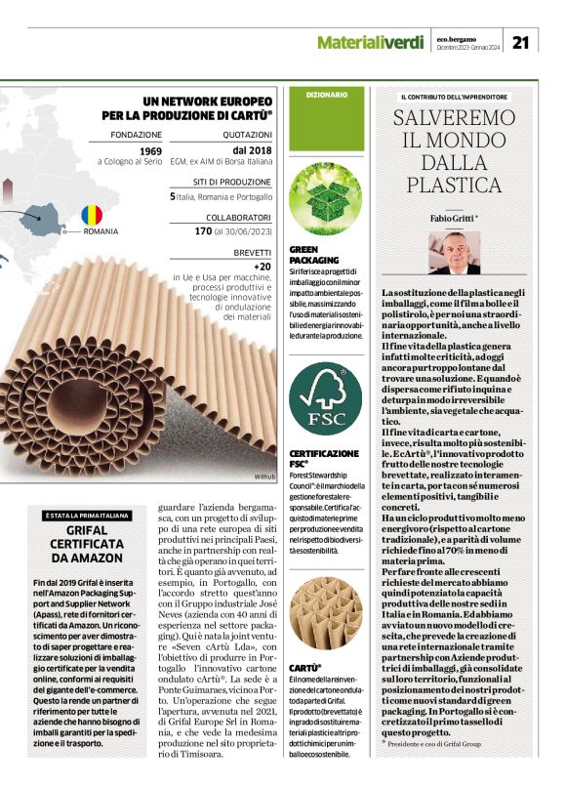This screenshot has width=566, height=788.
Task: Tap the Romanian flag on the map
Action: tap(92, 214)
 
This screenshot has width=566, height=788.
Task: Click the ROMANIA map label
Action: tap(101, 231)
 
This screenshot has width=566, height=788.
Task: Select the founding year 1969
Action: tap(150, 151)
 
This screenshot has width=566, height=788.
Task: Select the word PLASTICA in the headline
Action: tap(455, 185)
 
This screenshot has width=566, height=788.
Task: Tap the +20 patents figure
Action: tap(262, 266)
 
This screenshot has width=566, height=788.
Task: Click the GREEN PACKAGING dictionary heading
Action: tap(314, 257)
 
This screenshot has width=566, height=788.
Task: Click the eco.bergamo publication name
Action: tap(457, 37)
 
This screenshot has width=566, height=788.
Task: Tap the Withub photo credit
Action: tap(264, 476)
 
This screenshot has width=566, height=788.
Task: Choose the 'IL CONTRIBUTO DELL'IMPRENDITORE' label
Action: tap(454, 97)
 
